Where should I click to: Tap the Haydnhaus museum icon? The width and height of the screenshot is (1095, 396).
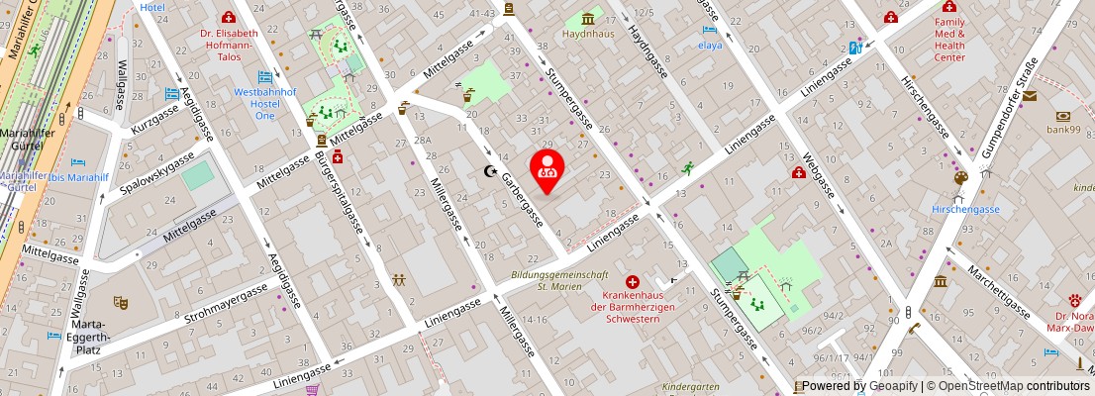click(590, 18)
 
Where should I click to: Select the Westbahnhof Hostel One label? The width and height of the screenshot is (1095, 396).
click(265, 103)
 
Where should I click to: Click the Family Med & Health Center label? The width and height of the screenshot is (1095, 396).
click(949, 39)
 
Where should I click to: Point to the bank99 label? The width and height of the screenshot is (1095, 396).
click(1064, 129)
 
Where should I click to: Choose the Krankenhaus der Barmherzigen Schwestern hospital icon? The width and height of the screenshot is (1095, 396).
click(632, 282)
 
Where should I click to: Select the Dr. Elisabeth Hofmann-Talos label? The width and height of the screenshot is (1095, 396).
click(230, 45)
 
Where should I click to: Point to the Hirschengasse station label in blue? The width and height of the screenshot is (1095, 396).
click(965, 209)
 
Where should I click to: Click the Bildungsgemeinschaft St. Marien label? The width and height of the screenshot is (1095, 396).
click(558, 280)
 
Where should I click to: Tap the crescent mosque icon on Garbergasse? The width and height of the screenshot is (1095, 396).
click(488, 171)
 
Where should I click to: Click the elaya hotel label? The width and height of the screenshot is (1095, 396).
click(710, 45)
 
